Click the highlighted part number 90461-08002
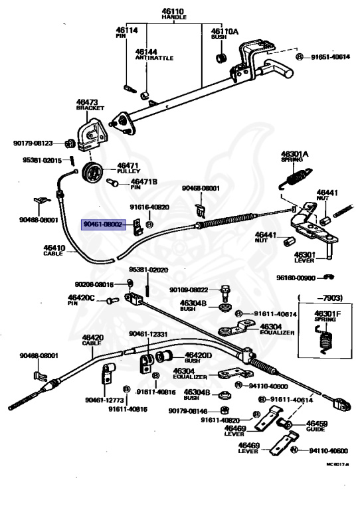coord(102,225)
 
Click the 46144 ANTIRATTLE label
coord(154,54)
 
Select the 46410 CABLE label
coord(54,250)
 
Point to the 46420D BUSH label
coord(198,358)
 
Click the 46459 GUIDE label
coord(316,426)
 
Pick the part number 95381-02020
coord(149,270)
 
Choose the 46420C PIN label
coord(82,299)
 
